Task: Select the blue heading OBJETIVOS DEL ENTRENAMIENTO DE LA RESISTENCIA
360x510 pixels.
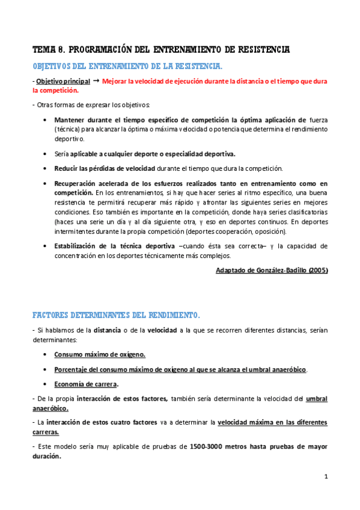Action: (127, 65)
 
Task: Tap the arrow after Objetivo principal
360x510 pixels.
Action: (96, 80)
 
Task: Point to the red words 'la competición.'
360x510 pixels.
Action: (55, 90)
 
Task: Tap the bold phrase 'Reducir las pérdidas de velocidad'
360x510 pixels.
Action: (104, 168)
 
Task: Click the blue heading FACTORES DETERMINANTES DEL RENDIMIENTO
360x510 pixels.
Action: (116, 315)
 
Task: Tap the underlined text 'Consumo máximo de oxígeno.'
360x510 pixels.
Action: (100, 354)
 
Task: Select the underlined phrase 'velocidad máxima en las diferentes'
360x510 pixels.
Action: (272, 423)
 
